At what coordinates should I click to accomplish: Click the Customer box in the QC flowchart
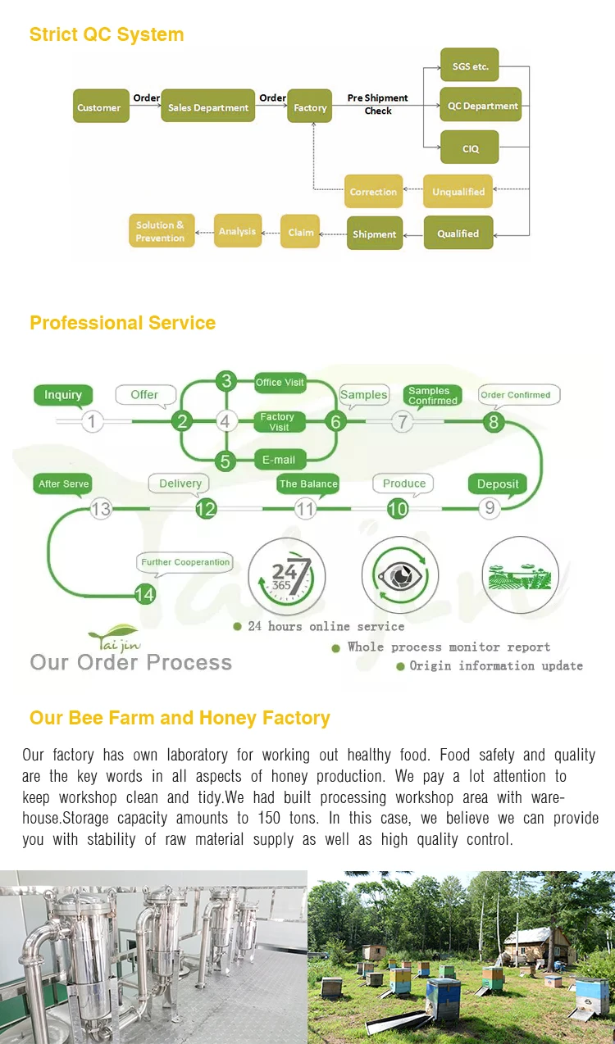(100, 107)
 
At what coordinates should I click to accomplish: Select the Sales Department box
(207, 107)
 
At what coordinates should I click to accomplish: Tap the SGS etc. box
(470, 66)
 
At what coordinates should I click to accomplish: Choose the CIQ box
(470, 148)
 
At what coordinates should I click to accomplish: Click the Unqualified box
(458, 191)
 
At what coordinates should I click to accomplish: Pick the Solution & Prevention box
(161, 231)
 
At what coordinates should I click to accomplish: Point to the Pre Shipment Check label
(377, 104)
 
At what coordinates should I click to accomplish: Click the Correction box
(373, 191)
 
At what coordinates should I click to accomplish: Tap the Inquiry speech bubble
(63, 395)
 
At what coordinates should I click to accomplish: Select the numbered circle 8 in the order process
(494, 422)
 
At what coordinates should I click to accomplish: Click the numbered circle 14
(145, 594)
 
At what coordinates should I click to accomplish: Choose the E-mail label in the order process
(279, 460)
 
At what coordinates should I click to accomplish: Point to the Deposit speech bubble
(498, 483)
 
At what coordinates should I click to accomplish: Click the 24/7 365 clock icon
(286, 574)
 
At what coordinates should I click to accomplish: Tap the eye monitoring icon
(400, 575)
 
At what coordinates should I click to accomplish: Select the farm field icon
(520, 574)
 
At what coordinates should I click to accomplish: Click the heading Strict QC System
(107, 34)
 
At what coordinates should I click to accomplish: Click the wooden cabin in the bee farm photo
(536, 946)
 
